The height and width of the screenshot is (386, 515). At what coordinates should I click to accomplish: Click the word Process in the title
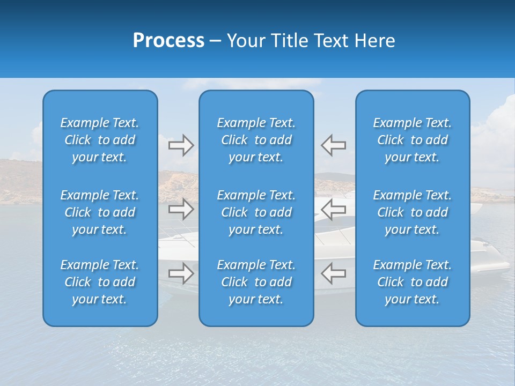[x=168, y=41]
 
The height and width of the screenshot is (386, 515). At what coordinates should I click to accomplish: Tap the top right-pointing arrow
[x=181, y=145]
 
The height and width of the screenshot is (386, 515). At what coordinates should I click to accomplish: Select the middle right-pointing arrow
[x=181, y=210]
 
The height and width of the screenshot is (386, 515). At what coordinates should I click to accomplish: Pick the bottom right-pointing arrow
[x=181, y=273]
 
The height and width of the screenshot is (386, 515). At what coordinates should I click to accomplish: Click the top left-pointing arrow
[x=334, y=145]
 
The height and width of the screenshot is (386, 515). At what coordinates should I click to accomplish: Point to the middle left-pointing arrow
[x=334, y=210]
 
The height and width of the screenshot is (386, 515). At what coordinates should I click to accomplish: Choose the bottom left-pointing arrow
[x=334, y=273]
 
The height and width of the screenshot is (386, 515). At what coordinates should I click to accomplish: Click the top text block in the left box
[x=100, y=140]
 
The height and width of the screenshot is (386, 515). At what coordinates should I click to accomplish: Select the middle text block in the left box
[x=100, y=212]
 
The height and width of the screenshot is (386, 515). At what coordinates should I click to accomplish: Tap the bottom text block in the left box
[x=100, y=282]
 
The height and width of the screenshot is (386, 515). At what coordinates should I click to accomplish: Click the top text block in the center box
[x=256, y=140]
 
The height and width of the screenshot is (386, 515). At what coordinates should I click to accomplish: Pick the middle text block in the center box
[x=256, y=212]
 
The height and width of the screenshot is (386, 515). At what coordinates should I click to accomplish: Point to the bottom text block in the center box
[x=256, y=282]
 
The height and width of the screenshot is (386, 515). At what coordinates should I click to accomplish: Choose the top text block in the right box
[x=412, y=140]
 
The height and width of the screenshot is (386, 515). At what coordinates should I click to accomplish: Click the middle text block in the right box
[x=412, y=212]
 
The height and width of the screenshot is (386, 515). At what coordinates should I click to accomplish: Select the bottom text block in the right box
[x=412, y=282]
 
